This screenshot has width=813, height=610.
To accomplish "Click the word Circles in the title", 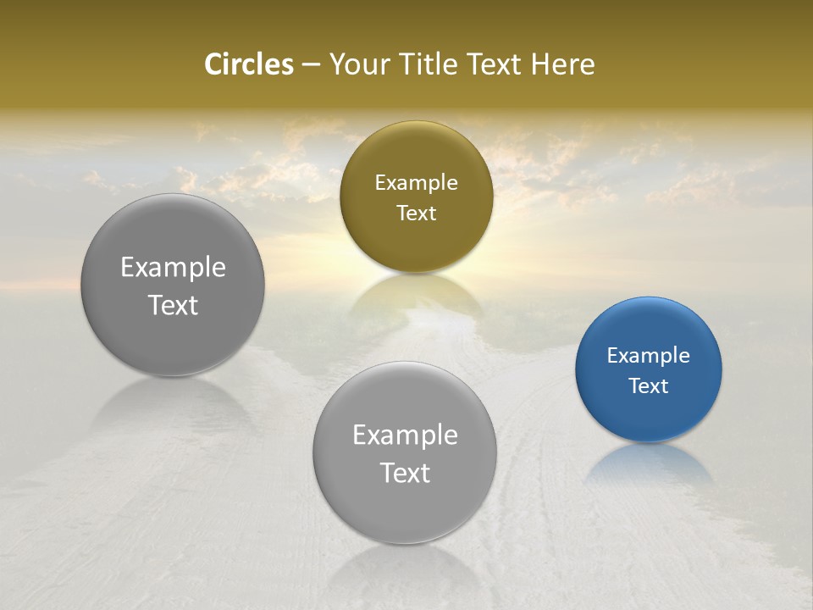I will click(x=248, y=64).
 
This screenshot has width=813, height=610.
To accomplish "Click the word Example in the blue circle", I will click(x=648, y=356).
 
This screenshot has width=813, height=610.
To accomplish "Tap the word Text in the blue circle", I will click(x=648, y=386).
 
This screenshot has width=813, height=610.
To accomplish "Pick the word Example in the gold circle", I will click(x=416, y=183).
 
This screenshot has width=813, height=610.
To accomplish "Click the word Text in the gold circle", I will click(x=416, y=213).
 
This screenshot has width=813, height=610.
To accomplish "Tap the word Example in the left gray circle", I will click(x=173, y=268).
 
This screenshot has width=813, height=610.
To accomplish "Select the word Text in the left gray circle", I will click(x=173, y=305).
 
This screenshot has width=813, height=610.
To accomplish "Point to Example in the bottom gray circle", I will click(x=405, y=435).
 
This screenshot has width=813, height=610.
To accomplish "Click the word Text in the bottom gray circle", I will click(x=405, y=473).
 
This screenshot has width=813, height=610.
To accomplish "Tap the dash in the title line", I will click(x=311, y=65).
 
